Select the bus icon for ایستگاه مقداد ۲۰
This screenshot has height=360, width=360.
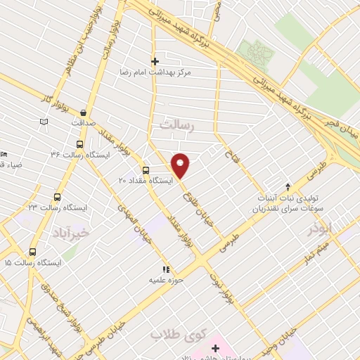pyautogui.click(x=146, y=169)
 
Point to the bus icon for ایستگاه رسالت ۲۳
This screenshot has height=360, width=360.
pyautogui.click(x=57, y=198)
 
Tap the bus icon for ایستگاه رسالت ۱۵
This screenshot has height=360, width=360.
pyautogui.click(x=32, y=252)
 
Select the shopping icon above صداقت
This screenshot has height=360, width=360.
pyautogui.click(x=84, y=111)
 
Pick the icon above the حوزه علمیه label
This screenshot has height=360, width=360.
pyautogui.click(x=166, y=269)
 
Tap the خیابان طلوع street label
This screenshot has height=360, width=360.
pyautogui.click(x=203, y=204)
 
